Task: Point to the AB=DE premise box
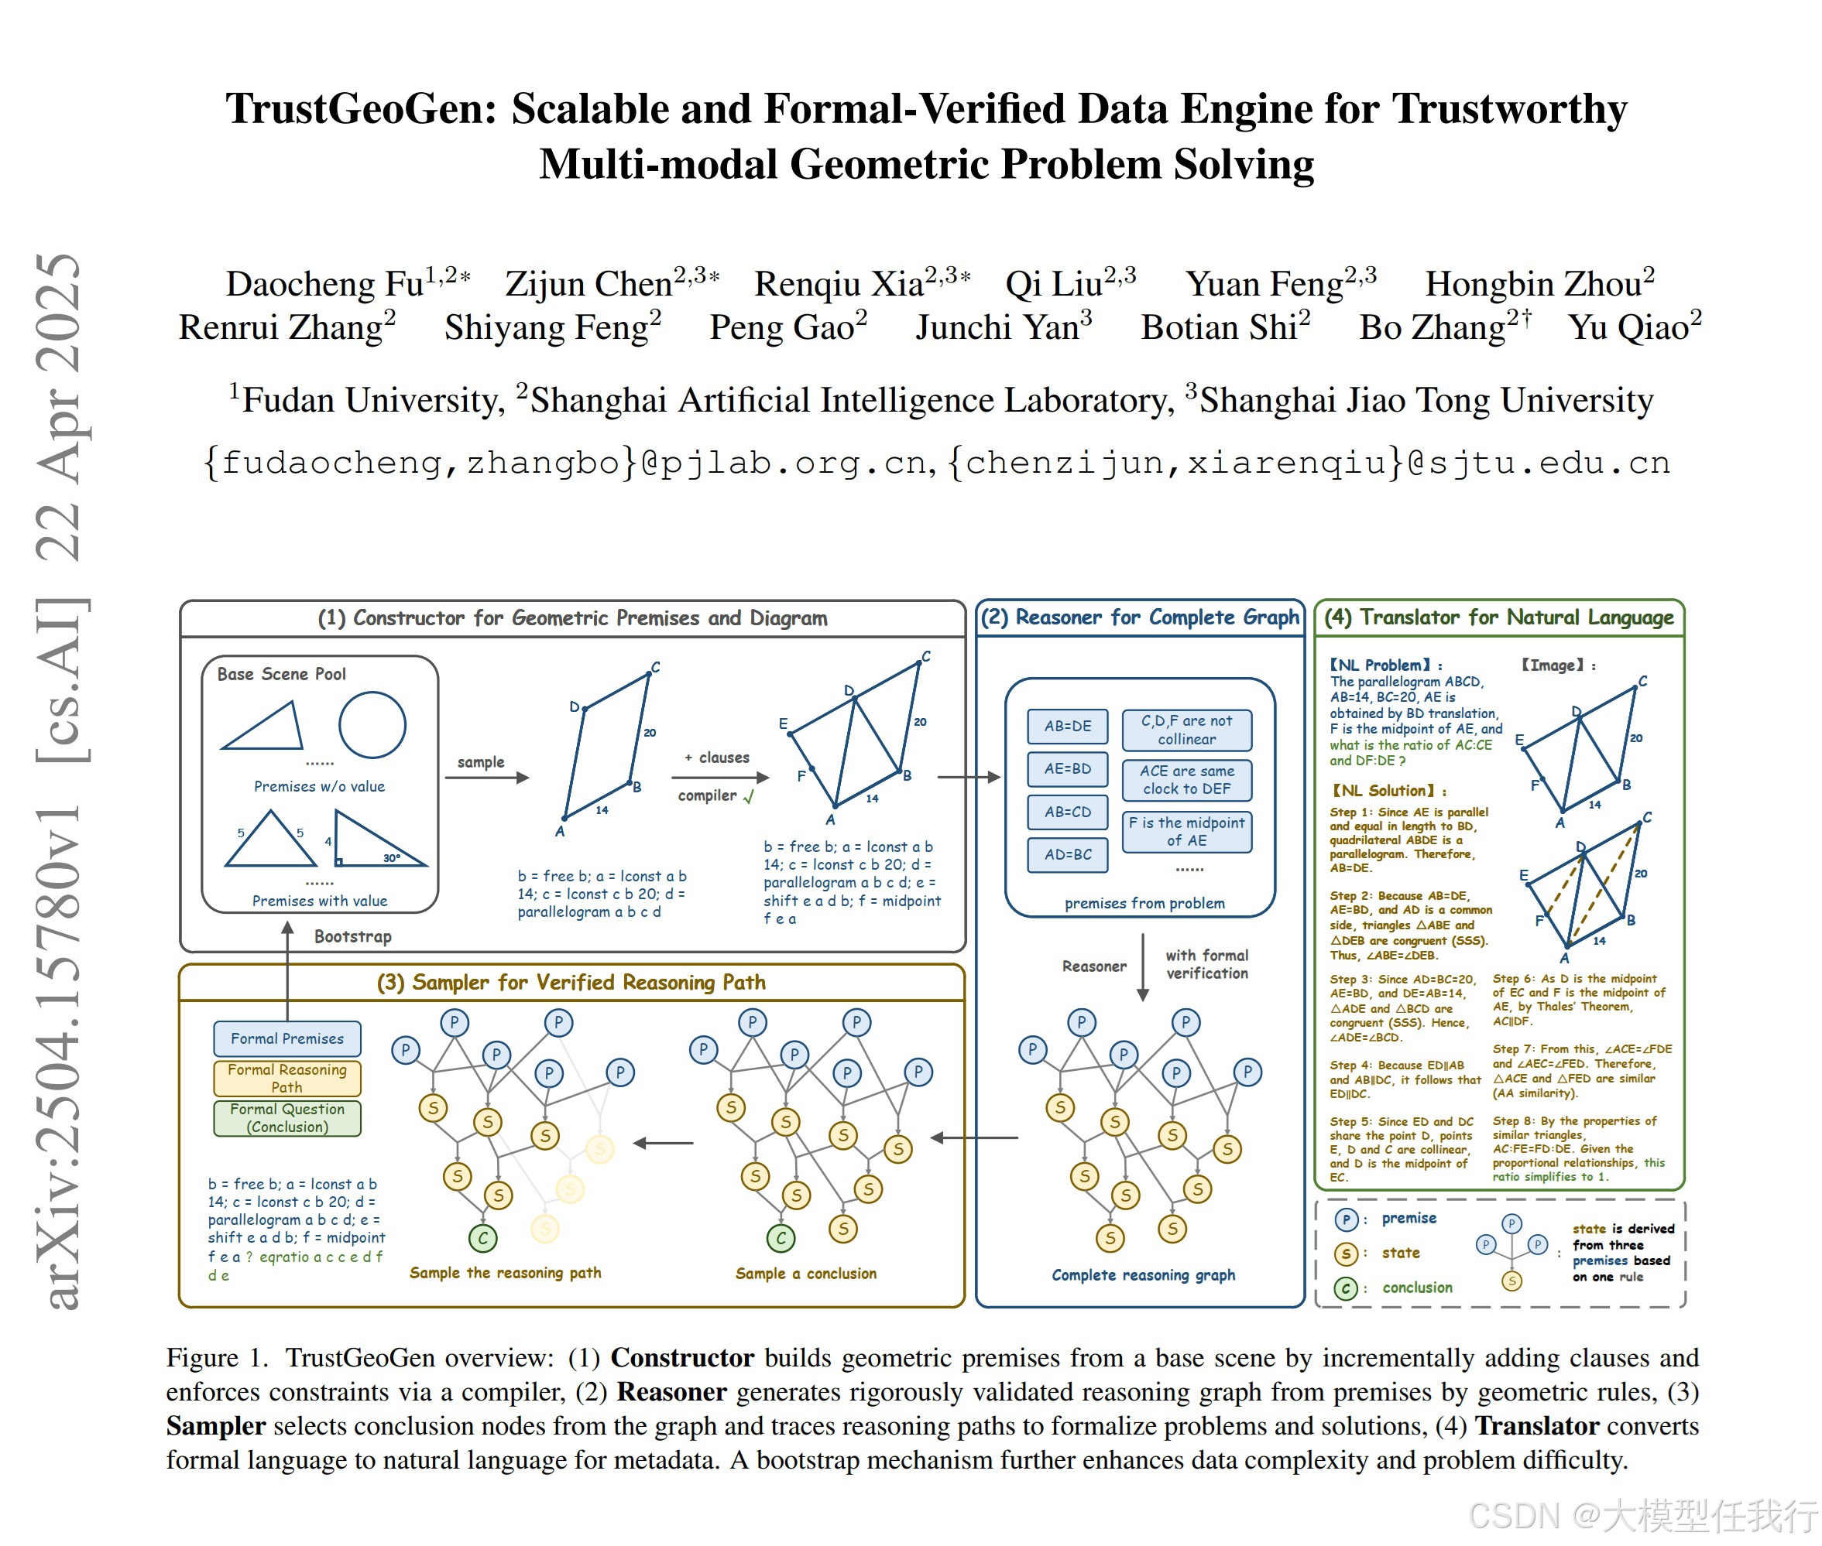click(1067, 726)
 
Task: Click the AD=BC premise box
click(1067, 853)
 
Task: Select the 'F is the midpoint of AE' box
click(1186, 831)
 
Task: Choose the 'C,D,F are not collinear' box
click(1186, 729)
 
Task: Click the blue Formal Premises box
click(287, 1038)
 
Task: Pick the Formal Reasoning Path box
click(287, 1078)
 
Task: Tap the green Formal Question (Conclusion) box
click(287, 1117)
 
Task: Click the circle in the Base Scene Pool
click(372, 725)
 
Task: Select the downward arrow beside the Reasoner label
click(1142, 966)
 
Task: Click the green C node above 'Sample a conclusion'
click(781, 1237)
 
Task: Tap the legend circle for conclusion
click(1346, 1288)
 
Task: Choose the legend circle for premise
click(1346, 1219)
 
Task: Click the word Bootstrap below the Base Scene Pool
click(352, 936)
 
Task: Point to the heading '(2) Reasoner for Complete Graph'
click(1139, 617)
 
